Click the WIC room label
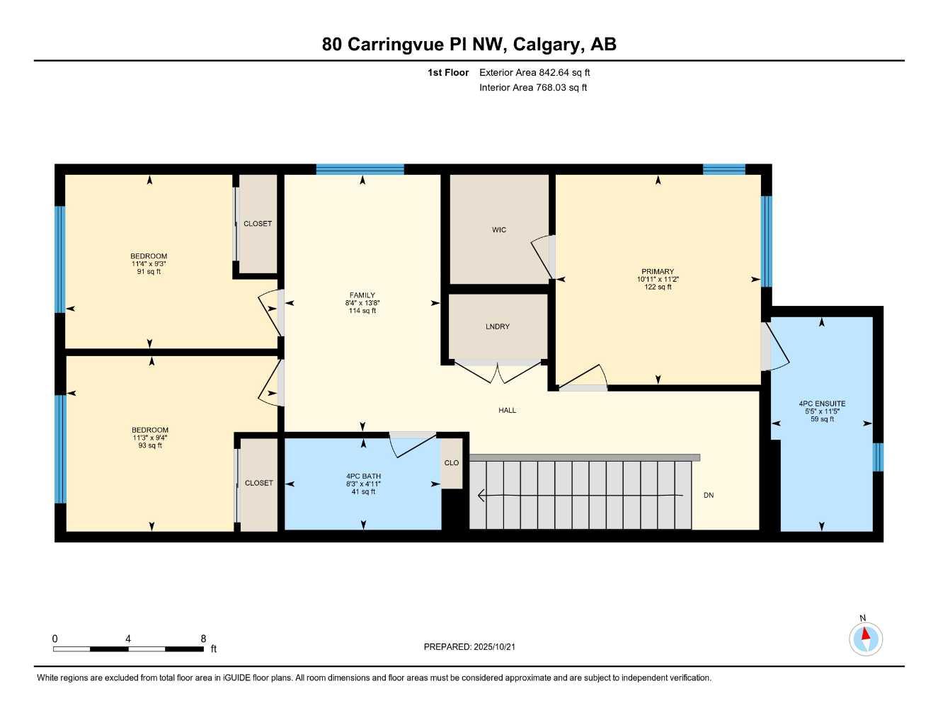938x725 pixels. click(x=499, y=230)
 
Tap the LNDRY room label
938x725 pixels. click(x=498, y=327)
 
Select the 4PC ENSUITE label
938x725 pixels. click(x=822, y=404)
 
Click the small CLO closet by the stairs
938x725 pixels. click(x=452, y=463)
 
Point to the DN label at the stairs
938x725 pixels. click(x=709, y=496)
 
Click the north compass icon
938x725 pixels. click(x=865, y=638)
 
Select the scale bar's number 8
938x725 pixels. click(x=203, y=639)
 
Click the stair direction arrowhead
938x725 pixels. click(x=481, y=496)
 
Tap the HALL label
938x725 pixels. click(x=507, y=411)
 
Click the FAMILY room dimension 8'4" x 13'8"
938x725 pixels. click(x=362, y=303)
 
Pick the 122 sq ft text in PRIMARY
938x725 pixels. click(x=658, y=287)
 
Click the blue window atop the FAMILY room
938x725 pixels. click(x=360, y=169)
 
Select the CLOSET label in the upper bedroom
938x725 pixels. click(x=258, y=224)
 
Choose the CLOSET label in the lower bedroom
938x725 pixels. click(x=259, y=484)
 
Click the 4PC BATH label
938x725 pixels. click(x=363, y=476)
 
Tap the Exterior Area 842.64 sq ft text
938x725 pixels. click(x=534, y=72)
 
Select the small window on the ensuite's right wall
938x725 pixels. click(x=878, y=457)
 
